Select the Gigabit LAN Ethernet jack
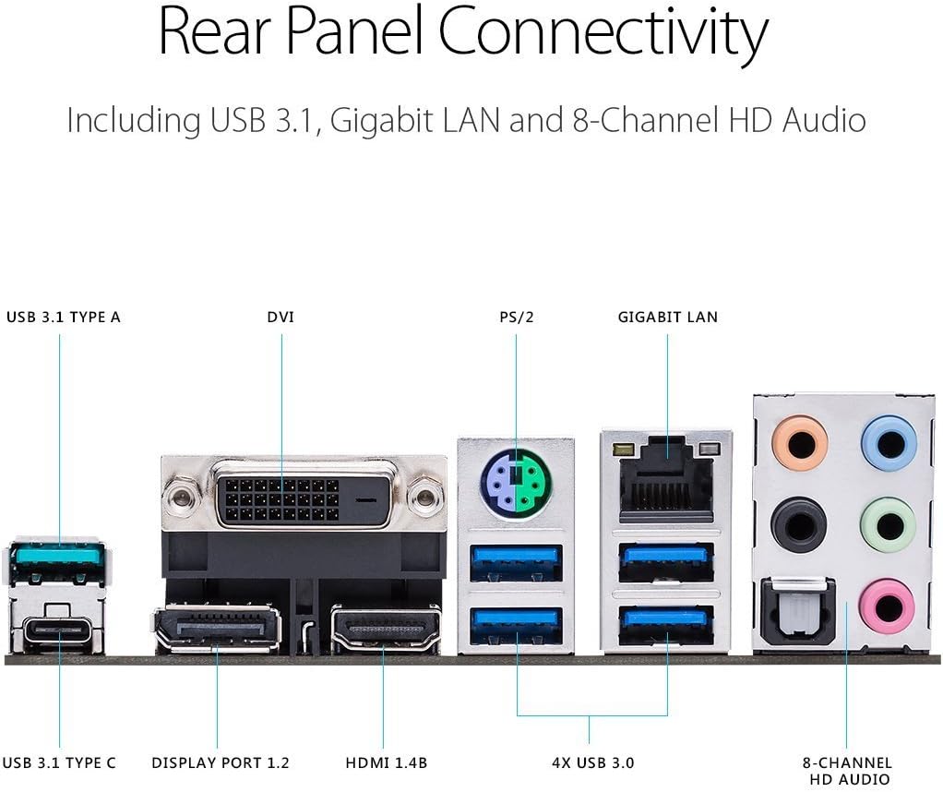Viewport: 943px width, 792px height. point(666,477)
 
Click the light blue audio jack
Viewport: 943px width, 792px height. point(889,443)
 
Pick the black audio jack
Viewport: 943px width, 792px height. point(799,525)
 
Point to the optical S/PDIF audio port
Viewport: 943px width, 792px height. point(799,612)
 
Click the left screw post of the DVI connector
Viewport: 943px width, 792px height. point(180,499)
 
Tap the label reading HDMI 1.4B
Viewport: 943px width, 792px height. point(387,763)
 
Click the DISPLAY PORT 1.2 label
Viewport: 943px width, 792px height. point(221,763)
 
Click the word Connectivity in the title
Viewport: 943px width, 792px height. point(603,34)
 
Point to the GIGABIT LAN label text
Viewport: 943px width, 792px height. point(667,318)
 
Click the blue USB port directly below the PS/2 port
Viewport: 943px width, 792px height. point(516,563)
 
